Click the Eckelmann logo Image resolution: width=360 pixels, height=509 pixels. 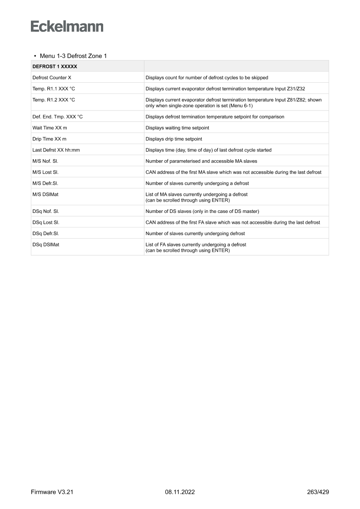point(67,26)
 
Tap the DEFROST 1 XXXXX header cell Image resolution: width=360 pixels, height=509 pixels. point(55,67)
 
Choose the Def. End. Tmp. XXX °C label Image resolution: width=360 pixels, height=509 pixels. point(57,117)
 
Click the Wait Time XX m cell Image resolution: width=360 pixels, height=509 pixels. point(50,128)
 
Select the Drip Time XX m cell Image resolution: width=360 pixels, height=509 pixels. point(49,139)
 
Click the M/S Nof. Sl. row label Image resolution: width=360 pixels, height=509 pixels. point(46,161)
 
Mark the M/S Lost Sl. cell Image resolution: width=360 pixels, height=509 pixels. point(46,172)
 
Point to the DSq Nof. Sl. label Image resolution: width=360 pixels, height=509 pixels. point(46,211)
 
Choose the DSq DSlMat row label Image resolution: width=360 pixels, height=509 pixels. point(46,244)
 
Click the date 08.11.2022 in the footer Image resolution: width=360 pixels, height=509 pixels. point(180,492)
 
